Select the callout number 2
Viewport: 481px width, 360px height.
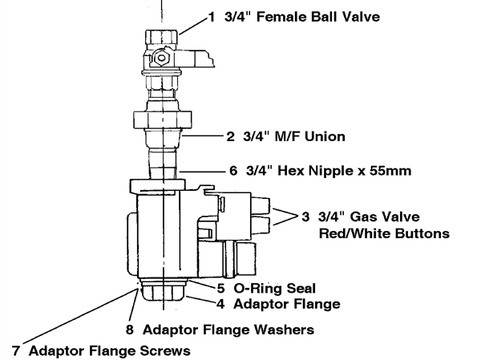point(232,137)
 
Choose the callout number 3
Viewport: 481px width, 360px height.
point(305,217)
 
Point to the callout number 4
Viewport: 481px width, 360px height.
point(220,304)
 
